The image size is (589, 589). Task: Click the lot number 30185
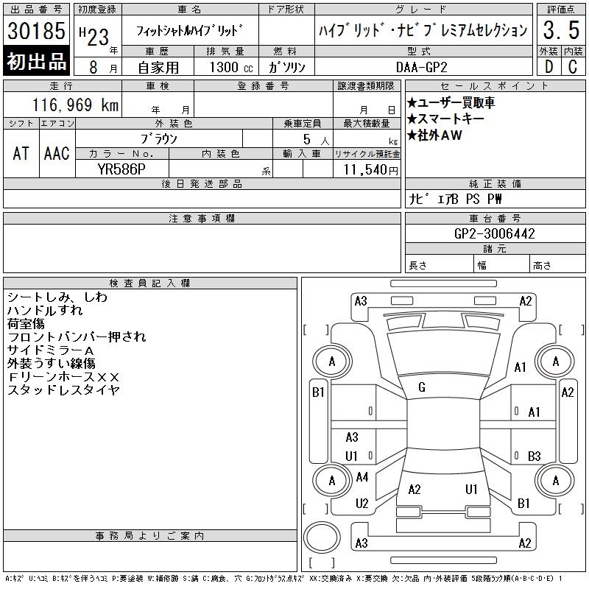[36, 30]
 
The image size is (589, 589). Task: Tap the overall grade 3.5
[561, 30]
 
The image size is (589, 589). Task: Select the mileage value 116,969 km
[75, 105]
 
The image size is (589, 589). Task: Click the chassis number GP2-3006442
[494, 233]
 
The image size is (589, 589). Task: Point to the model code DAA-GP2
[421, 67]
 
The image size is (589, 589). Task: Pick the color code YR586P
[121, 169]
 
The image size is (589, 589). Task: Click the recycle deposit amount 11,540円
[370, 170]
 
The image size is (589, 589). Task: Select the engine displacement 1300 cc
[231, 67]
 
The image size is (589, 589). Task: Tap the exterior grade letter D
[549, 67]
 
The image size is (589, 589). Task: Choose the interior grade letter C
[573, 67]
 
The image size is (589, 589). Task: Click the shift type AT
[21, 154]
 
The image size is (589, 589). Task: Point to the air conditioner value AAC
[57, 154]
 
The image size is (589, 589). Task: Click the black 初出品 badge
[36, 61]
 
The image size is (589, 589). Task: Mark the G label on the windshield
[422, 387]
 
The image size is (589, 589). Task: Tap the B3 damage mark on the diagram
[535, 456]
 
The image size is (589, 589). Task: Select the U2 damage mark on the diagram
[361, 504]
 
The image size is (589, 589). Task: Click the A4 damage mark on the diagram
[362, 477]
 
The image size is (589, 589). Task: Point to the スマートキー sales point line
[446, 119]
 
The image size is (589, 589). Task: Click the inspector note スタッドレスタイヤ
[63, 390]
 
